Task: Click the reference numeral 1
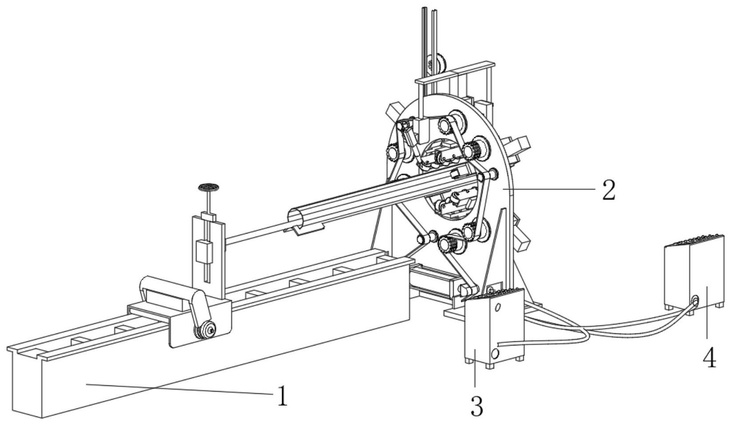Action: coord(282,396)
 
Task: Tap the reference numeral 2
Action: coord(608,190)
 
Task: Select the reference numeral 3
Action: coord(476,405)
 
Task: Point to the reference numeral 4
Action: coord(710,358)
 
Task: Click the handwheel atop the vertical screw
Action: coord(209,187)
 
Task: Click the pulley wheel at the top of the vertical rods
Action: coord(438,63)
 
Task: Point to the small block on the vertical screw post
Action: coord(204,252)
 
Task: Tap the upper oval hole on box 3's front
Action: coord(498,307)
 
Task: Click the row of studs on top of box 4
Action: coord(695,240)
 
